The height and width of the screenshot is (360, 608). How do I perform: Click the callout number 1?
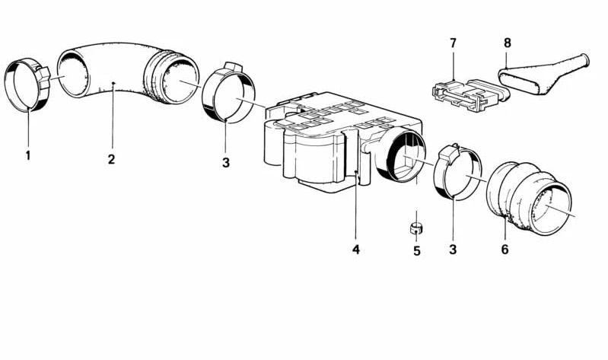(28, 155)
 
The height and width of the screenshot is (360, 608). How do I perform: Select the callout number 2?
(112, 158)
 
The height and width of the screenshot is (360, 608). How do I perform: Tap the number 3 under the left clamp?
(226, 163)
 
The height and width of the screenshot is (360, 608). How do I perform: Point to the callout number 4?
(356, 250)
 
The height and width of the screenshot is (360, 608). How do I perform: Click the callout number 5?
(417, 251)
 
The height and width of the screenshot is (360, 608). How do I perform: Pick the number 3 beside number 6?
(453, 249)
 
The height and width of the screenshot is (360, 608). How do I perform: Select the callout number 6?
(505, 249)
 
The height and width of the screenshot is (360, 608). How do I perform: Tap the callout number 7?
(454, 43)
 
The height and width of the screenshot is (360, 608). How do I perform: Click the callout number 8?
(508, 43)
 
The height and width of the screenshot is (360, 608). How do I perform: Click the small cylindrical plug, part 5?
(416, 228)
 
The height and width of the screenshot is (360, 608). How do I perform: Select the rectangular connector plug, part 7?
(470, 95)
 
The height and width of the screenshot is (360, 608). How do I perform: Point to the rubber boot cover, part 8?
(543, 75)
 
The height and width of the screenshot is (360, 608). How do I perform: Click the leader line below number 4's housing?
(356, 205)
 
